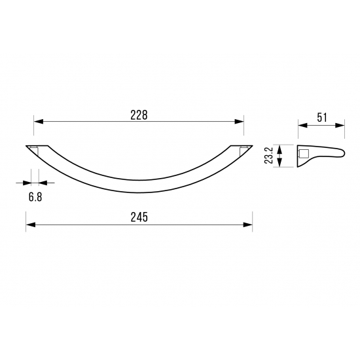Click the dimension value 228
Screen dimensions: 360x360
(x=139, y=115)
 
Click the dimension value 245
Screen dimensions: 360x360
(x=139, y=217)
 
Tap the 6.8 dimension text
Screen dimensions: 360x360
(x=35, y=197)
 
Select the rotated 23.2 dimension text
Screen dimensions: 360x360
(x=268, y=155)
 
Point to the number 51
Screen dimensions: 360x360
(x=321, y=118)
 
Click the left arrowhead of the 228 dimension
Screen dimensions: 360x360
(x=39, y=122)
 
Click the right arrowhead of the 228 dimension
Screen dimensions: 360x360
(x=239, y=122)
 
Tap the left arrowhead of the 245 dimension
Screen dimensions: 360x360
(x=31, y=225)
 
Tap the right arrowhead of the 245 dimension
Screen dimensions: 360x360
(x=247, y=225)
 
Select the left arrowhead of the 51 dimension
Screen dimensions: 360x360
(x=302, y=126)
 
